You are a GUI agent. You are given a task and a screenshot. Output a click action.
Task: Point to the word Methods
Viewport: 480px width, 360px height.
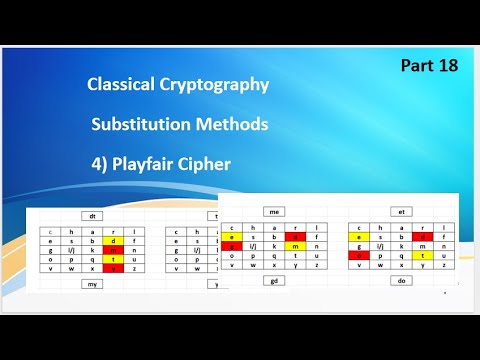point(235,125)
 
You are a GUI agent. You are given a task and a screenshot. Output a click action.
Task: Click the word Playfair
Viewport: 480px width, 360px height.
point(161,163)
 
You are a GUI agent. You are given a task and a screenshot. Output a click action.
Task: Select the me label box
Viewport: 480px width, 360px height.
point(272,212)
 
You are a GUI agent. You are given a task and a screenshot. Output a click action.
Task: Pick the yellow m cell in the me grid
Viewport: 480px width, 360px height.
point(297,246)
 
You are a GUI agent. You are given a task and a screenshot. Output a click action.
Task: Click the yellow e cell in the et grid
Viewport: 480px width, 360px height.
point(355,237)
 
